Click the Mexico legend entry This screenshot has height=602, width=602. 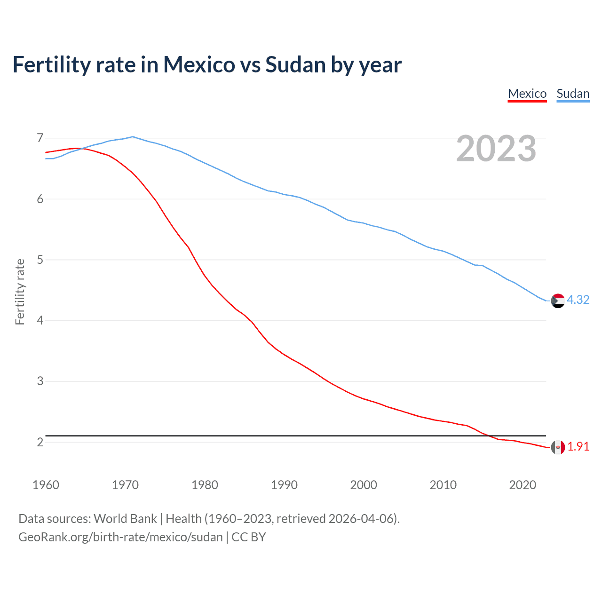click(527, 94)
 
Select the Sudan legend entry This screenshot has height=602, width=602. click(573, 94)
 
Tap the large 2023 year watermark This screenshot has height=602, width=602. click(496, 149)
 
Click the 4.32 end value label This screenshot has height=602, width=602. click(578, 300)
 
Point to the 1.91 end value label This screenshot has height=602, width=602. click(578, 447)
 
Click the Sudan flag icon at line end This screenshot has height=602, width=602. click(558, 301)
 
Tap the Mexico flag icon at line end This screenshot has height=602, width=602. click(558, 447)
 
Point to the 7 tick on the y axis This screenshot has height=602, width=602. click(40, 138)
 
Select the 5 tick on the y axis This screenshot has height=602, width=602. click(40, 260)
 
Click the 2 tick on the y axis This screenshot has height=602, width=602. click(40, 442)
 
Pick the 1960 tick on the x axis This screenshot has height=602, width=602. click(46, 485)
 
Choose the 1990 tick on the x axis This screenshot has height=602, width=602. click(284, 485)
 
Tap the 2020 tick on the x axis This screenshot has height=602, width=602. click(523, 485)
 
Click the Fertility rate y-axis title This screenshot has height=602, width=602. click(20, 292)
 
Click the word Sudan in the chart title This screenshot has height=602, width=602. click(295, 65)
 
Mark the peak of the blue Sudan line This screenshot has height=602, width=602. click(133, 137)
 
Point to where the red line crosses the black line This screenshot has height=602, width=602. click(487, 436)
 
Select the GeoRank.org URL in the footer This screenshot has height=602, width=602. click(120, 537)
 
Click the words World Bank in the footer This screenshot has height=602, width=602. click(125, 519)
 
